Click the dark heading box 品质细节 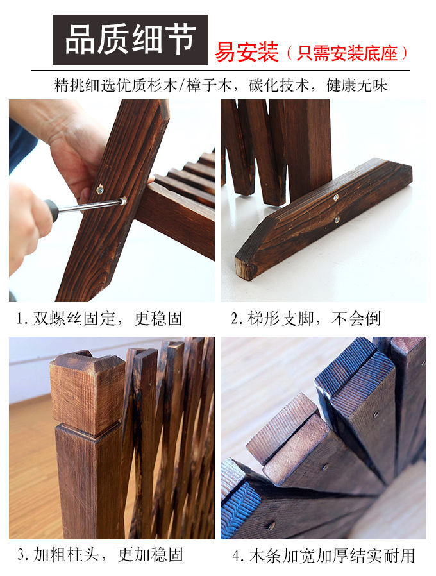pos(130,40)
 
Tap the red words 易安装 pos(247,52)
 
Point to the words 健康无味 pos(356,85)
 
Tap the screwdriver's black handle pos(51,210)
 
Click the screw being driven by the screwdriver pos(123,201)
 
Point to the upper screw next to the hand pos(100,190)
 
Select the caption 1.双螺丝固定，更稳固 pos(99,319)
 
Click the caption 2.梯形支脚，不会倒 pos(306,319)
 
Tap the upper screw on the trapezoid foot pos(336,198)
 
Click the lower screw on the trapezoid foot pos(337,220)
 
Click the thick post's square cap pos(88,391)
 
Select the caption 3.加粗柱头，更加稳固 pos(100,554)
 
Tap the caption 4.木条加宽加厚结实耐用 pos(324,555)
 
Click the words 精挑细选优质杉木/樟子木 pos(143,85)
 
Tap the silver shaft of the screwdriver pos(89,206)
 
